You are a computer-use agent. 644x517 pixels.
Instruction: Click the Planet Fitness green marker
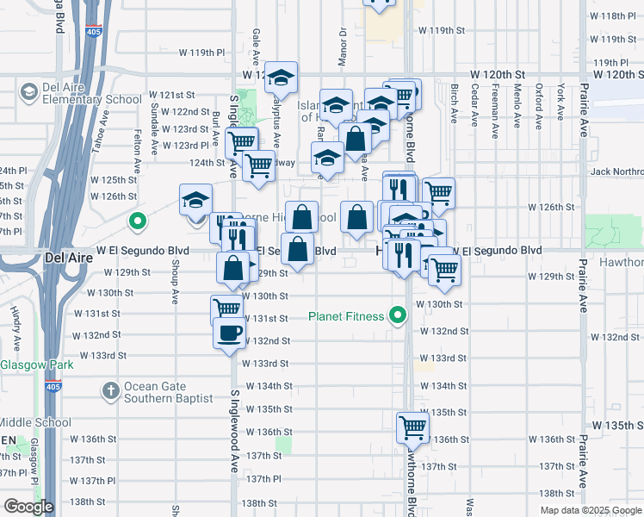(397, 316)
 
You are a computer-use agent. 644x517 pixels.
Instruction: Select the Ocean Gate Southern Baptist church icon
(110, 392)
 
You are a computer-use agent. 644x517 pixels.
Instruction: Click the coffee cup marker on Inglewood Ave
(228, 334)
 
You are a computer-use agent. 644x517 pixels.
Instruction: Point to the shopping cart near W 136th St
(412, 427)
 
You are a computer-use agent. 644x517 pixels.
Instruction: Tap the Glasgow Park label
(36, 364)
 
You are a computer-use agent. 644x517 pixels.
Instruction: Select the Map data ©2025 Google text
(591, 510)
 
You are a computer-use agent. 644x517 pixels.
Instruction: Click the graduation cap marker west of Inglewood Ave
(195, 201)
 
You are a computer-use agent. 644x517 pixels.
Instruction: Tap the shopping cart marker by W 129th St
(444, 270)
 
